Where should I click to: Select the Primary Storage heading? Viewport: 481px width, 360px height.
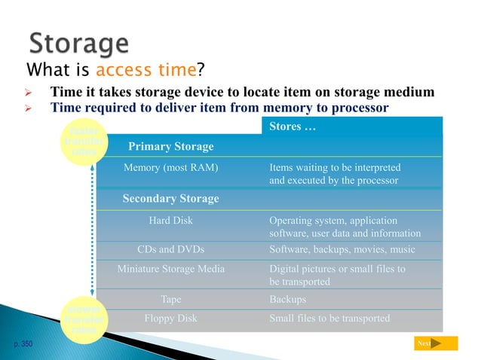point(170,146)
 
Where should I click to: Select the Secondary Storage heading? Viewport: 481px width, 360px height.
point(170,199)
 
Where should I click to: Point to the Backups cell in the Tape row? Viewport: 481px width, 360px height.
point(287,299)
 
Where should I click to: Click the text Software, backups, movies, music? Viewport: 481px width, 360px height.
point(342,249)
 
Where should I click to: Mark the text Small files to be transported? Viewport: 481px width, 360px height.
point(329,318)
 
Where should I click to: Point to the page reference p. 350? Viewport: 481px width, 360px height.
point(22,343)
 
